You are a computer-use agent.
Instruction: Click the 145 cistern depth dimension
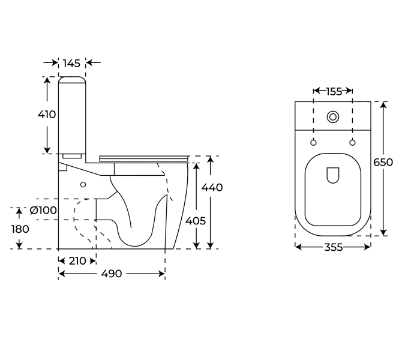coord(71,64)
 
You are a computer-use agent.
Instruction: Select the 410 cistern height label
coord(47,115)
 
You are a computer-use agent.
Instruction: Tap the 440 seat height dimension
coord(212,187)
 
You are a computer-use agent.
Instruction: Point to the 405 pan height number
coord(196,221)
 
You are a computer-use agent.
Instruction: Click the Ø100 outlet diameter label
coord(43,210)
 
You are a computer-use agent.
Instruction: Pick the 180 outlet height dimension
coord(20,229)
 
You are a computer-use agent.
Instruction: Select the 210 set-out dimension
coord(77,261)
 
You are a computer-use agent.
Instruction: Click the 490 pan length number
coord(112,274)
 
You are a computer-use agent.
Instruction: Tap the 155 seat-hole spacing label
coord(334,92)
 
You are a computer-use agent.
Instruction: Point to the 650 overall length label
coord(383,163)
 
